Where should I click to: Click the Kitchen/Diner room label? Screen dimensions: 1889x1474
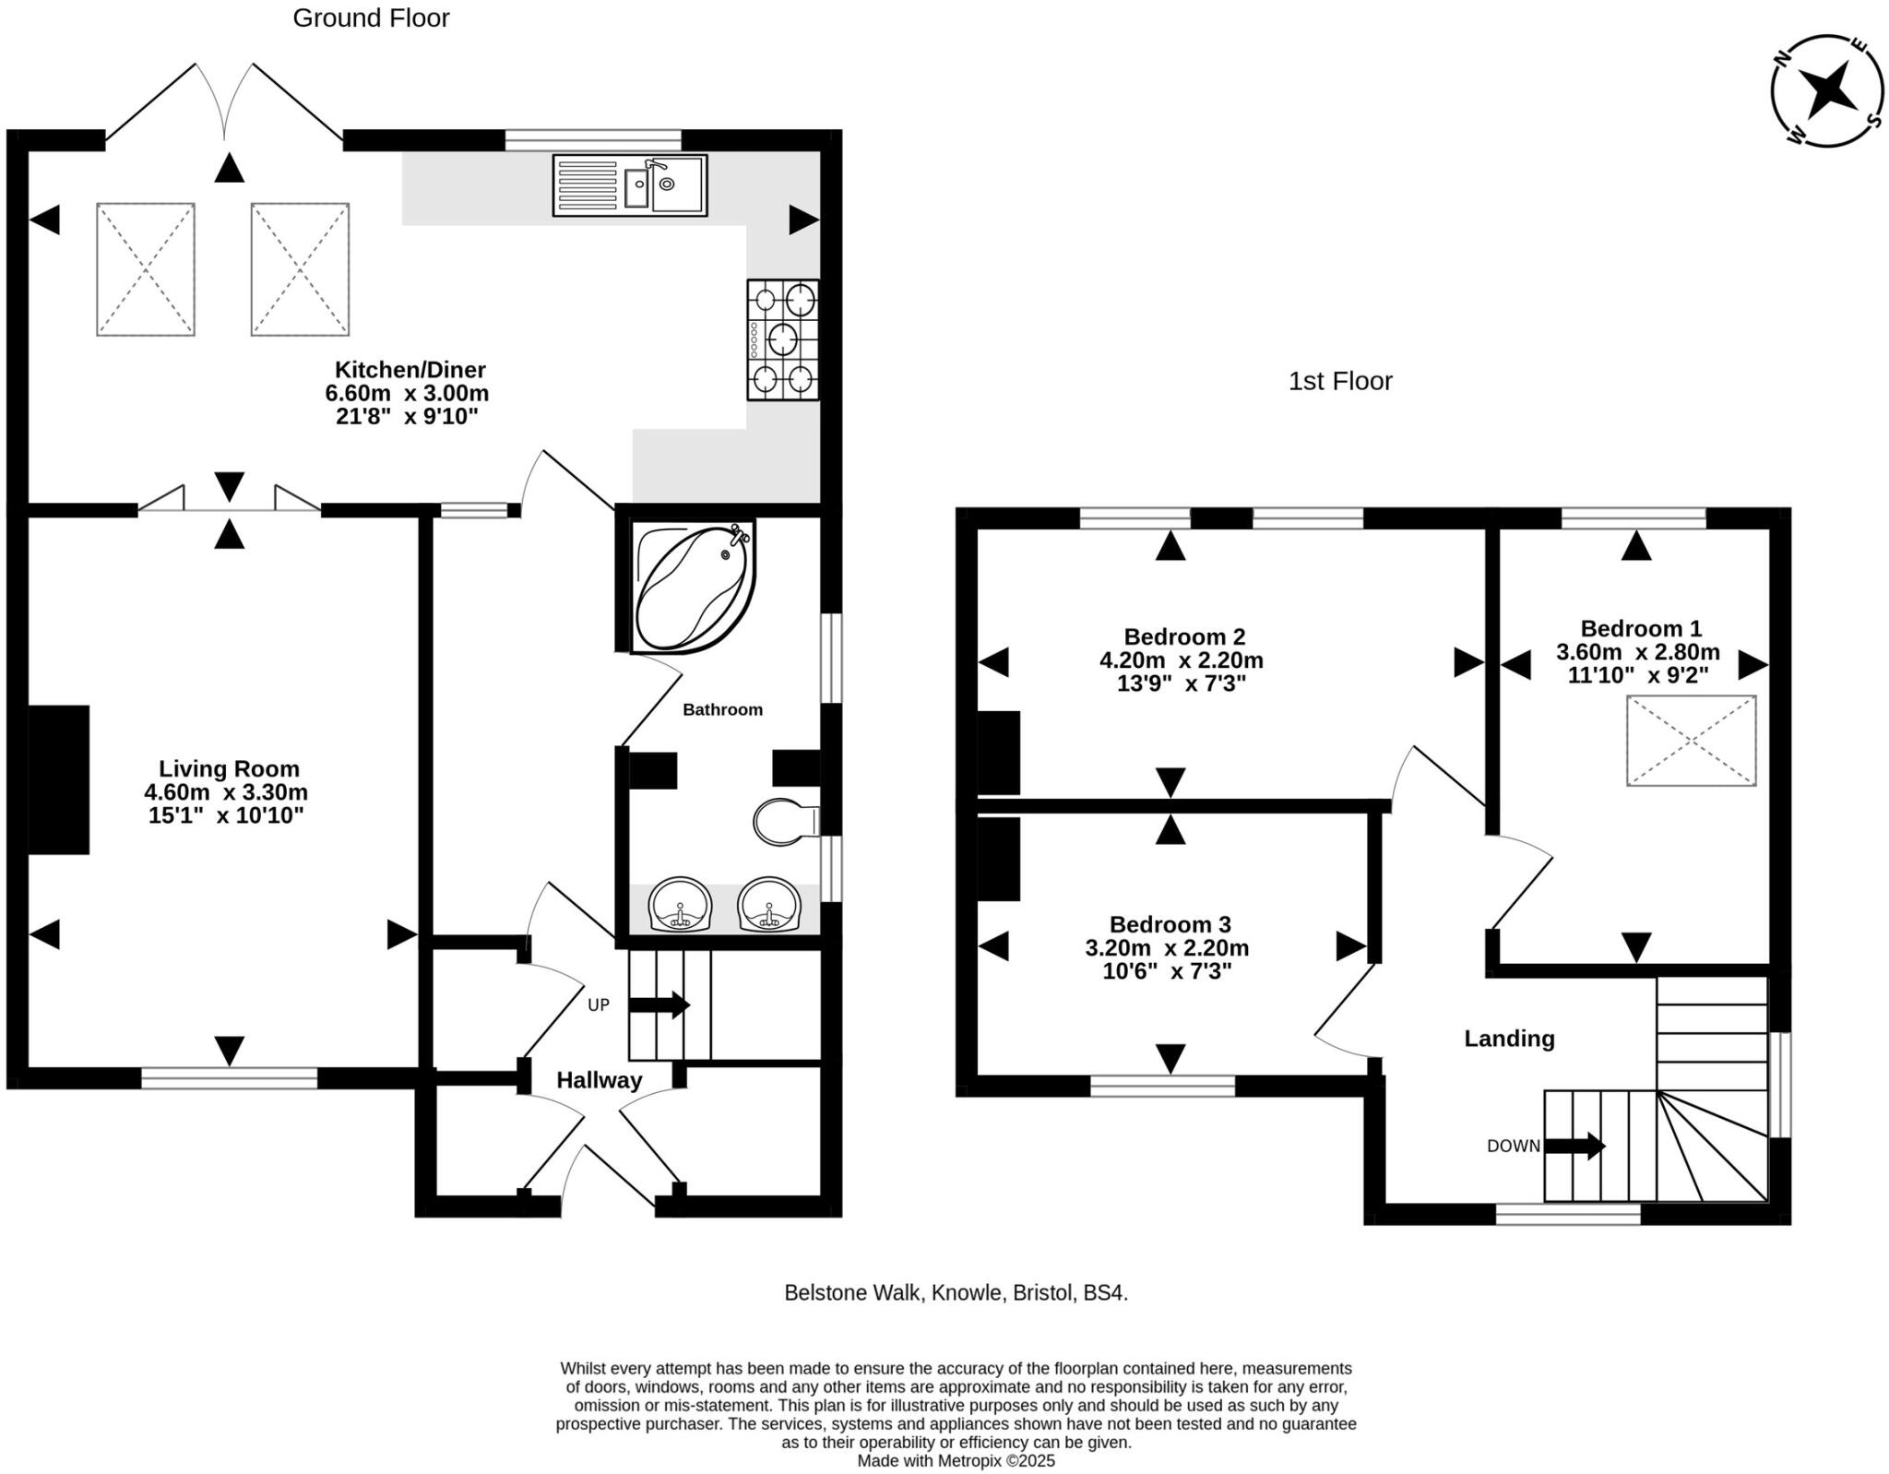click(x=410, y=370)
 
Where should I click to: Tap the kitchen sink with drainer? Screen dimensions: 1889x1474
click(x=630, y=185)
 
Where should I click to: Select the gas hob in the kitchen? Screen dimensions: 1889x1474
click(x=783, y=339)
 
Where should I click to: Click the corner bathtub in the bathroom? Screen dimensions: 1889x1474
click(x=695, y=585)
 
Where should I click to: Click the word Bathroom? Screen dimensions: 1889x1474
click(x=722, y=709)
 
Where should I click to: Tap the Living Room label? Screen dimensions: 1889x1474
click(x=229, y=768)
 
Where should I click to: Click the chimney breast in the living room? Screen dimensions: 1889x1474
click(x=59, y=779)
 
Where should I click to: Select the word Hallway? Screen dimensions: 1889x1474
click(x=600, y=1080)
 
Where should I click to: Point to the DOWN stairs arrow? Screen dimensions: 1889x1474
click(x=1575, y=1146)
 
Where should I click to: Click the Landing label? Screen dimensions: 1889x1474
click(x=1509, y=1039)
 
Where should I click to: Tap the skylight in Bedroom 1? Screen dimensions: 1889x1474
click(x=1691, y=741)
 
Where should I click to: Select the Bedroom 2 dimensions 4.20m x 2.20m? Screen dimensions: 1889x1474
click(x=1181, y=660)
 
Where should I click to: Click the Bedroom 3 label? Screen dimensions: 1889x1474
click(x=1170, y=924)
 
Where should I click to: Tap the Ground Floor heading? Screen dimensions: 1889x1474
click(x=371, y=18)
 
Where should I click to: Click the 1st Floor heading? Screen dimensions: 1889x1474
click(x=1340, y=381)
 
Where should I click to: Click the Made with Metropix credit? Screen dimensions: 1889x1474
click(x=956, y=1461)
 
